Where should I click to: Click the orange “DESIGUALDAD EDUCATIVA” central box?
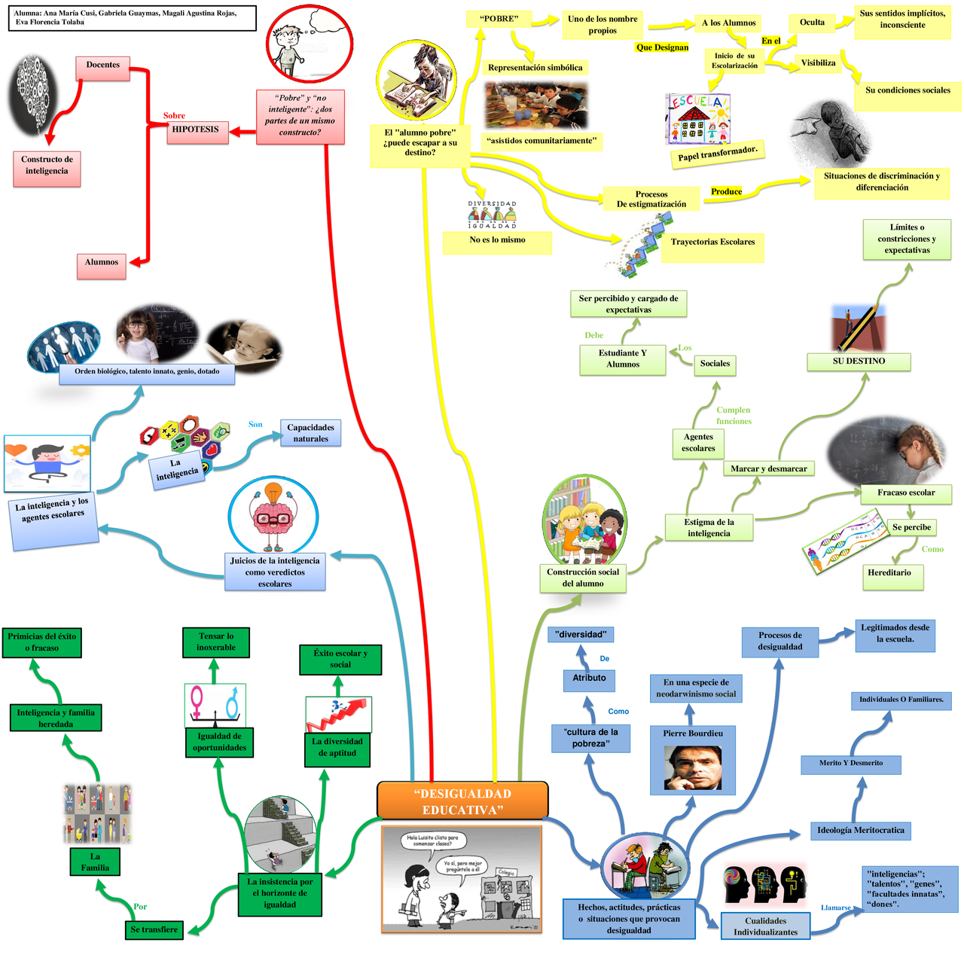[462, 801]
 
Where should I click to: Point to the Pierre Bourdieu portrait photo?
[692, 768]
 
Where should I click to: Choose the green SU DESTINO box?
[859, 361]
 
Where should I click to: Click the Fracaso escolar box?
[906, 493]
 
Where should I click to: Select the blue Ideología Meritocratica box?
[860, 831]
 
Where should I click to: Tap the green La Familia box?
[95, 862]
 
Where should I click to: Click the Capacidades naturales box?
[310, 433]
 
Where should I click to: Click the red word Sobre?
[174, 116]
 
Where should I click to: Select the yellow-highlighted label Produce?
[726, 192]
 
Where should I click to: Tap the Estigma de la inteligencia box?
[709, 527]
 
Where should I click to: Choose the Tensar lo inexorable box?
[216, 642]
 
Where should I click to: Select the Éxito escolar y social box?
[340, 660]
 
